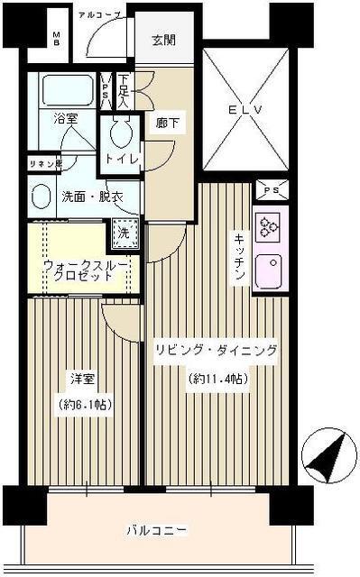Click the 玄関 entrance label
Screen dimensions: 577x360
coord(162,41)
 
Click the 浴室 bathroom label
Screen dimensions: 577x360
coord(65,118)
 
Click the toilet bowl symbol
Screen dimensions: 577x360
coord(118,136)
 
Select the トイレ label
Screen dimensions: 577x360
coord(124,160)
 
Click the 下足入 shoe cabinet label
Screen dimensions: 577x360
coord(124,90)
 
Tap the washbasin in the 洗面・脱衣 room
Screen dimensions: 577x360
coord(41,197)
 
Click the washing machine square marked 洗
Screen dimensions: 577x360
coord(125,231)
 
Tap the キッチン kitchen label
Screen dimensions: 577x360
coord(240,256)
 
